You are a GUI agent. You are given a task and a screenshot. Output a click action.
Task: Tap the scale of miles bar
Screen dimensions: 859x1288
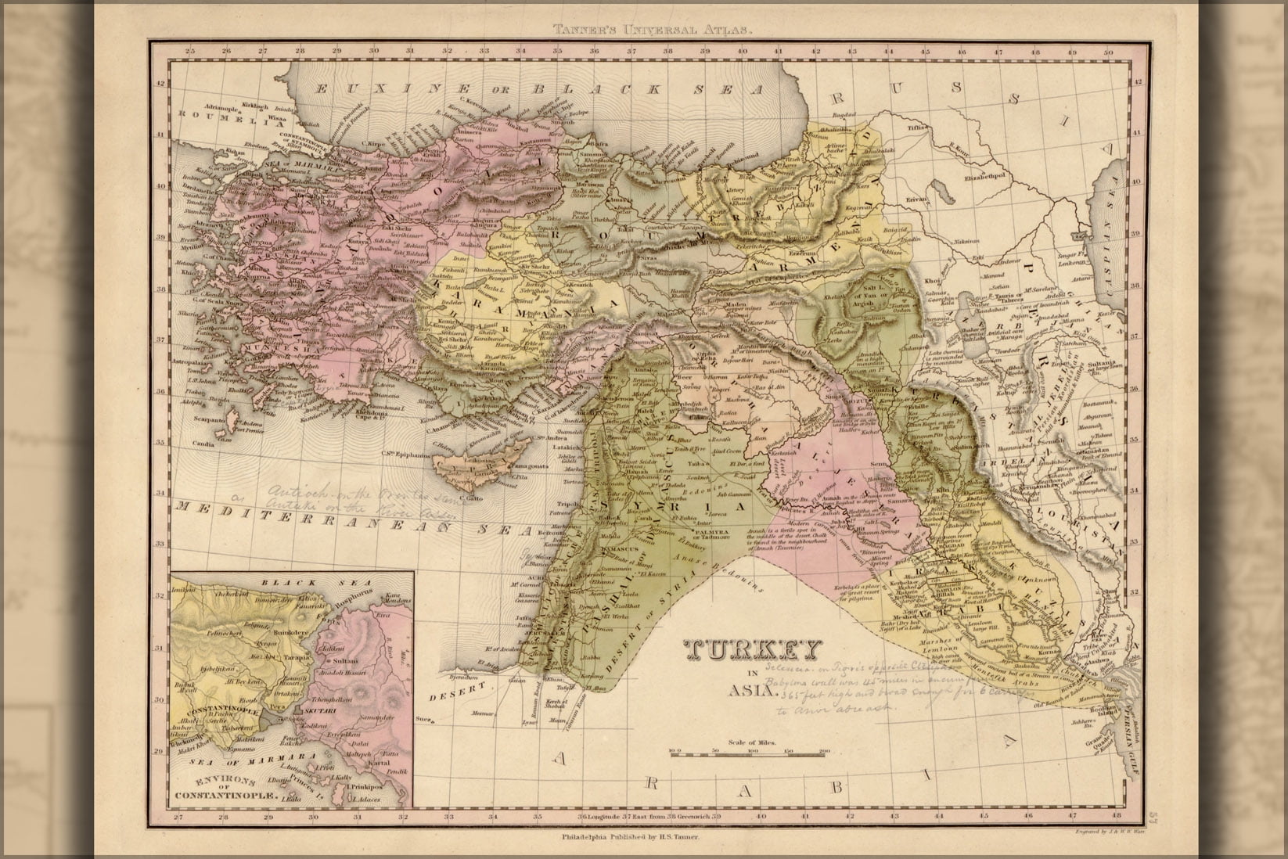[x=748, y=752]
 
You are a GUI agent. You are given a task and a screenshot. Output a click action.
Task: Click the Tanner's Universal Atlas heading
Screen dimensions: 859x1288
[x=653, y=31]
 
